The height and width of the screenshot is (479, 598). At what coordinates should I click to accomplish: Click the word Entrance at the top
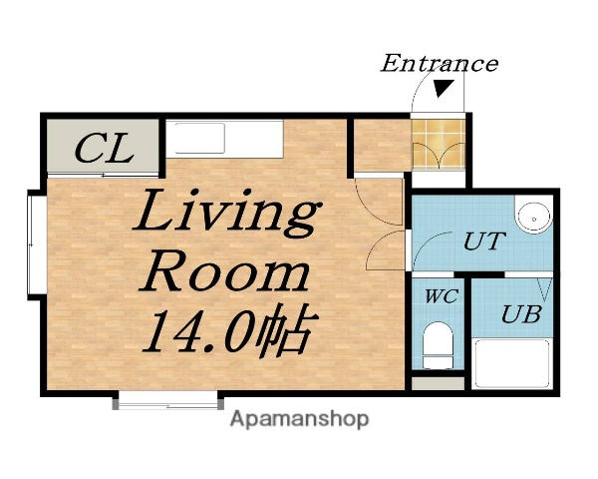point(439,64)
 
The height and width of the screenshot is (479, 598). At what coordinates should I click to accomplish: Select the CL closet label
point(104,151)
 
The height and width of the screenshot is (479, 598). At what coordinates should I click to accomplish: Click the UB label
point(520,315)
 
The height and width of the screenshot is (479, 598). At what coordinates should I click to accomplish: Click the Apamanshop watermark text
point(299,419)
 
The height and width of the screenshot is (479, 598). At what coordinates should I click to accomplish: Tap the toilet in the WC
point(438,345)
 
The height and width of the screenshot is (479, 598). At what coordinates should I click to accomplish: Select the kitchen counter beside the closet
point(224,138)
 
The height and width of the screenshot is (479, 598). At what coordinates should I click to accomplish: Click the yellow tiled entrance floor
point(440,144)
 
